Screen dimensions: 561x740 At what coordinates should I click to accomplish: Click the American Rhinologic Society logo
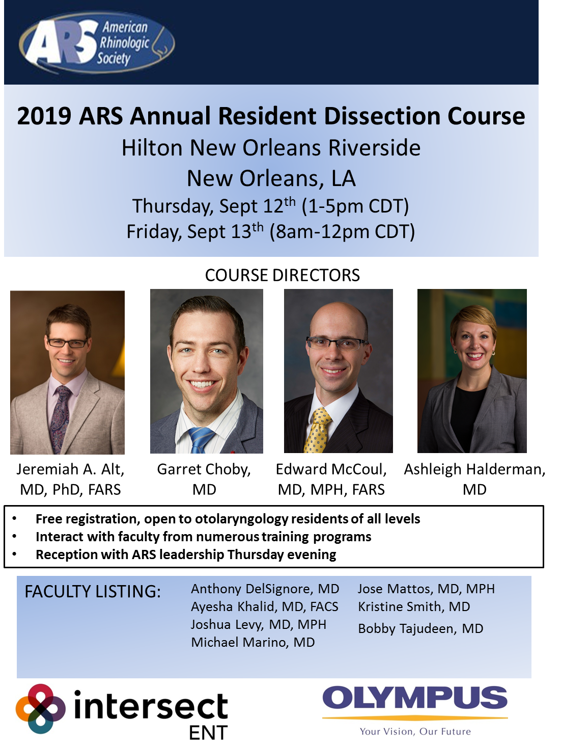(97, 42)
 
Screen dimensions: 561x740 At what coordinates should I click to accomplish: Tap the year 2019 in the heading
(44, 116)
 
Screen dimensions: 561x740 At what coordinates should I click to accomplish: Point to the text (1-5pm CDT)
(355, 206)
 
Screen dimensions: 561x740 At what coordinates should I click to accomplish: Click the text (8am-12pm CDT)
(342, 231)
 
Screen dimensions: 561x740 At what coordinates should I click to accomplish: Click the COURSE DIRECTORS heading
(282, 275)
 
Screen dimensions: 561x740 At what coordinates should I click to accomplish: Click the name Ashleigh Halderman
(474, 469)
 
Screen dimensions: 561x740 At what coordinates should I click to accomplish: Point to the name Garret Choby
(204, 469)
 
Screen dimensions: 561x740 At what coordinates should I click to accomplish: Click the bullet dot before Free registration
(14, 519)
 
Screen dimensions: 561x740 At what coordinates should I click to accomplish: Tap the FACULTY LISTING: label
(93, 592)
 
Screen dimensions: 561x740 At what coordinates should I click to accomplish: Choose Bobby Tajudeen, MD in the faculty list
(420, 629)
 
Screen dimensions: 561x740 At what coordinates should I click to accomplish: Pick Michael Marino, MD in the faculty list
(253, 642)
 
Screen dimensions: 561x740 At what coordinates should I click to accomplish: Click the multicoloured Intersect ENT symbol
(40, 708)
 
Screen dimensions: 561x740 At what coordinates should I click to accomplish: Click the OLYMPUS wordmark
(415, 698)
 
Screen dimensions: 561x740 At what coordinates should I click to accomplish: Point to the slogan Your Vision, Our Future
(415, 731)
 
